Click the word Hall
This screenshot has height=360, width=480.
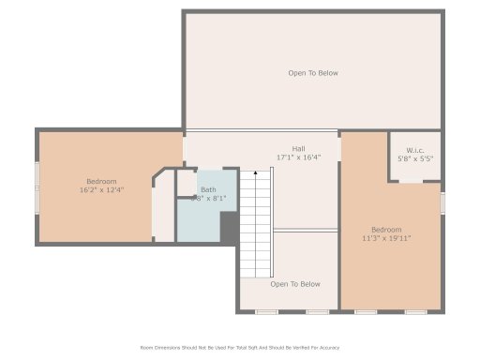pyautogui.click(x=298, y=148)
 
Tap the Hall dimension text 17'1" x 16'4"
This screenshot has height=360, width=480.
pyautogui.click(x=298, y=157)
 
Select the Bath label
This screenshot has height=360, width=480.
pyautogui.click(x=208, y=189)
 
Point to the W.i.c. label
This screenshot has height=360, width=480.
pyautogui.click(x=415, y=150)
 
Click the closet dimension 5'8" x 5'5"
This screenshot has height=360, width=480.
pyautogui.click(x=415, y=159)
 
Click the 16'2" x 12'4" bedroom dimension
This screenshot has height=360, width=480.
pyautogui.click(x=102, y=190)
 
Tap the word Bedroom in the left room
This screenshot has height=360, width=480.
pyautogui.click(x=102, y=181)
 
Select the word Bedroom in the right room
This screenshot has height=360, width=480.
pyautogui.click(x=386, y=230)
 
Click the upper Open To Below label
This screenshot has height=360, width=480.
pyautogui.click(x=312, y=73)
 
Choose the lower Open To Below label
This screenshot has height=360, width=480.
pyautogui.click(x=295, y=284)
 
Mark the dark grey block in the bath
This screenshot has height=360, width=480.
pyautogui.click(x=229, y=225)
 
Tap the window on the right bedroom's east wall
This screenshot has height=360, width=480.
pyautogui.click(x=442, y=202)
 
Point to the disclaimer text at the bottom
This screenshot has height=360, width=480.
pyautogui.click(x=240, y=347)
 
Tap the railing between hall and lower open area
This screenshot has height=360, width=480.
pyautogui.click(x=306, y=230)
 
